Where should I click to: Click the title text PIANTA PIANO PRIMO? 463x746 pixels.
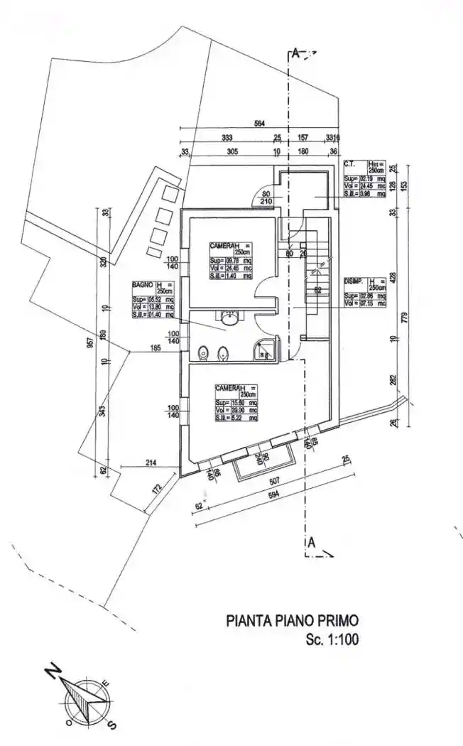(292, 620)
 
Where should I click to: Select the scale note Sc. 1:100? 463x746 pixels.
(332, 639)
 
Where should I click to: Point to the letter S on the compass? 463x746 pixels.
(111, 725)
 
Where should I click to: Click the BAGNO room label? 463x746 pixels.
(142, 284)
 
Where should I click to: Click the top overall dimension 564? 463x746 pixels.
(260, 124)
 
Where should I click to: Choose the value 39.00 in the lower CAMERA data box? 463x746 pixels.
(235, 411)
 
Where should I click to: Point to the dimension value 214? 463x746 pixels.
(150, 463)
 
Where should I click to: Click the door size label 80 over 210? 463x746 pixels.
(267, 197)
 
